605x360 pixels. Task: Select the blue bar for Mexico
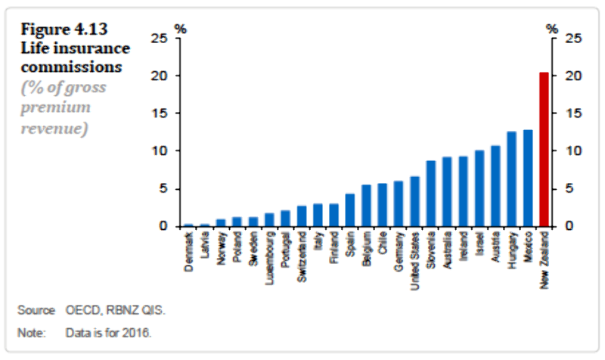(x=527, y=178)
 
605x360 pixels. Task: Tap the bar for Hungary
(x=511, y=178)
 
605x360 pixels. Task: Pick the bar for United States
(x=414, y=201)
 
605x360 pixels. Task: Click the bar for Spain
(x=349, y=210)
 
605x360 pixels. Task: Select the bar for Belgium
(x=366, y=206)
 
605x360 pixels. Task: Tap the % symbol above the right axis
(x=552, y=29)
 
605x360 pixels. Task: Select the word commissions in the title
(x=71, y=67)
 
